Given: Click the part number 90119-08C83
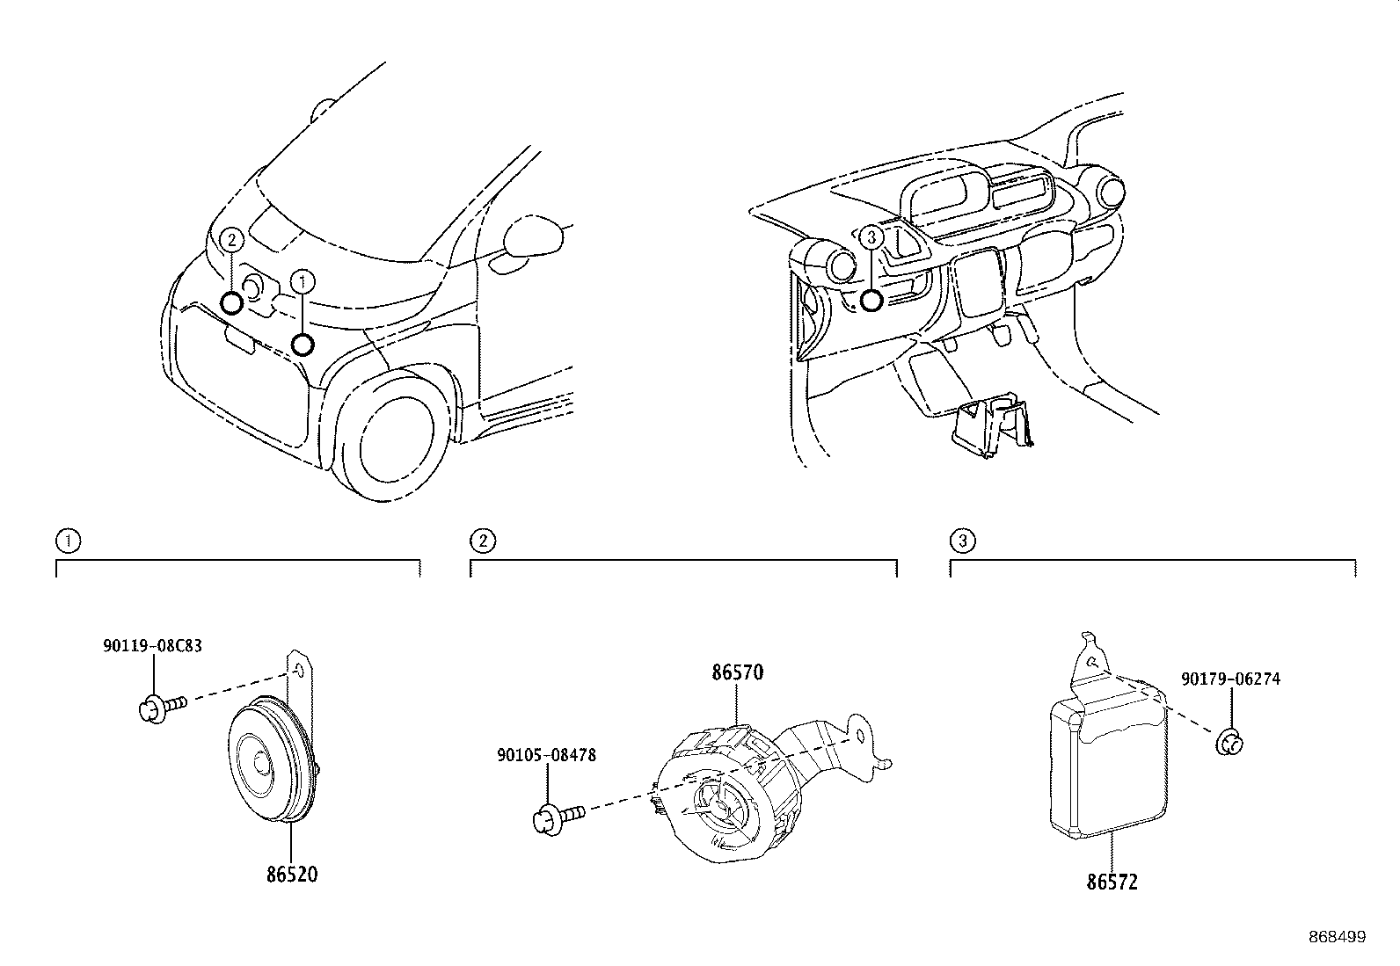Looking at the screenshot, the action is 152,645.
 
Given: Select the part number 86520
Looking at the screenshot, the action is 292,875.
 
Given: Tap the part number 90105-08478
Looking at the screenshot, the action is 547,755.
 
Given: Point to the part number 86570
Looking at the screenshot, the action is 738,672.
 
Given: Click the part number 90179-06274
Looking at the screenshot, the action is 1230,679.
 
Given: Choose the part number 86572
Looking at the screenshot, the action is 1112,882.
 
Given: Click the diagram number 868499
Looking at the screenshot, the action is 1338,937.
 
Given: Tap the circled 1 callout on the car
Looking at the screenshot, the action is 303,282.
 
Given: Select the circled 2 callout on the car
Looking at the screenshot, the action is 231,240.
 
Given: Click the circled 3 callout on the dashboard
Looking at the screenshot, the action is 871,236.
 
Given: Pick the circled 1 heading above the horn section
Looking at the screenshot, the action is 68,541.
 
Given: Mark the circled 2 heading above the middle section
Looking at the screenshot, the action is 483,541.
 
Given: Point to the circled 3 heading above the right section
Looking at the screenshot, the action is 962,541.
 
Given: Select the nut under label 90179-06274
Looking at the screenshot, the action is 1229,743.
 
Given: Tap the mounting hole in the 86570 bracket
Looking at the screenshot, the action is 861,737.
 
